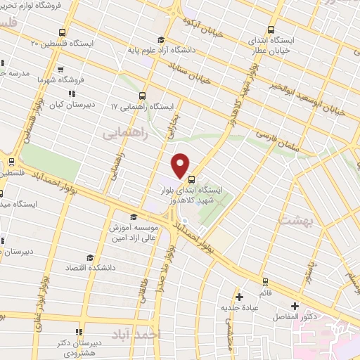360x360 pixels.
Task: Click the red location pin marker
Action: [x=181, y=165]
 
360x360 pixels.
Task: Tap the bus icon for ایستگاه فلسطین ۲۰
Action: [x=63, y=32]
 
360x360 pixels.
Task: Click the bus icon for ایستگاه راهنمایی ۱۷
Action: [x=143, y=96]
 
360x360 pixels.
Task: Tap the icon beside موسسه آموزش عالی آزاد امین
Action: [x=134, y=217]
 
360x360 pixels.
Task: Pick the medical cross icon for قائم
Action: [x=239, y=297]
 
